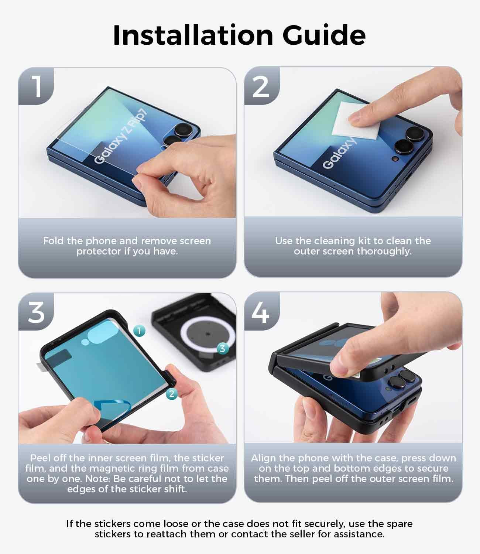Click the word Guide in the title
pyautogui.click(x=324, y=35)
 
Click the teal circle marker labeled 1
pyautogui.click(x=139, y=331)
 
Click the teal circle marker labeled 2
pyautogui.click(x=172, y=394)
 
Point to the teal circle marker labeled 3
pyautogui.click(x=222, y=349)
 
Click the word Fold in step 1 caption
pyautogui.click(x=53, y=241)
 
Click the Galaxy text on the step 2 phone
pyautogui.click(x=339, y=154)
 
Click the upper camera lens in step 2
pyautogui.click(x=415, y=134)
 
